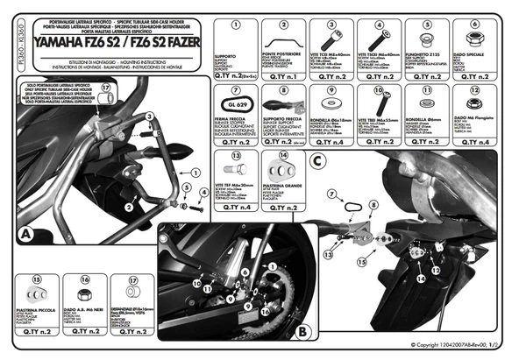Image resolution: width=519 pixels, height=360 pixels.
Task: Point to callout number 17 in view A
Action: (107, 88)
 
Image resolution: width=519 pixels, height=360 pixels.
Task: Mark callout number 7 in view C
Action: (332, 193)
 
